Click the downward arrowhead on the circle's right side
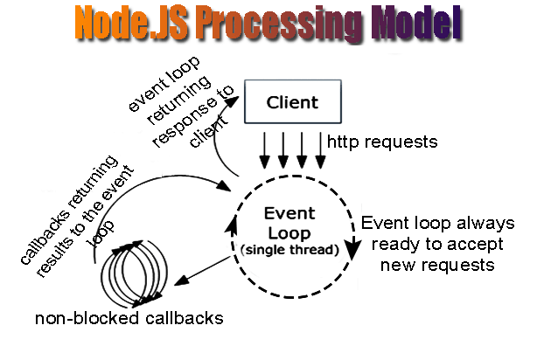point(352,253)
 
